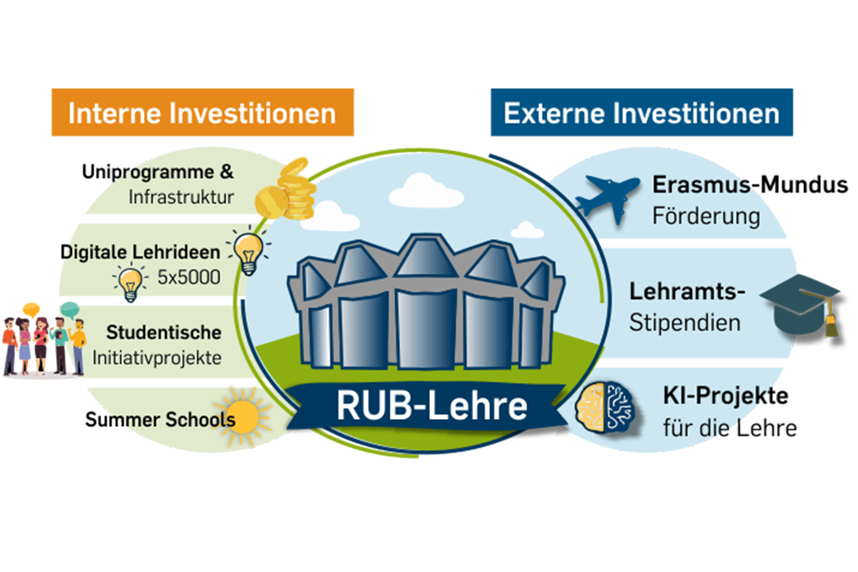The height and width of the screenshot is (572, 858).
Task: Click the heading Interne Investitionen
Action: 201,113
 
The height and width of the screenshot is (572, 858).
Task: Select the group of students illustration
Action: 43,339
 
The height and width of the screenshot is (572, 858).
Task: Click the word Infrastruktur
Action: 181,198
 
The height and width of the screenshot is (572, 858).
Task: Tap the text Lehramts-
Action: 686,291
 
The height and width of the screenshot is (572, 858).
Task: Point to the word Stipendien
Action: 685,323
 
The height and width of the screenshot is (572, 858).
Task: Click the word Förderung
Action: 706,216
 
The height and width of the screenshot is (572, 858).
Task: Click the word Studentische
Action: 163,332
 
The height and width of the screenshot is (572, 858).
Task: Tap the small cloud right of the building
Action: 526,230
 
